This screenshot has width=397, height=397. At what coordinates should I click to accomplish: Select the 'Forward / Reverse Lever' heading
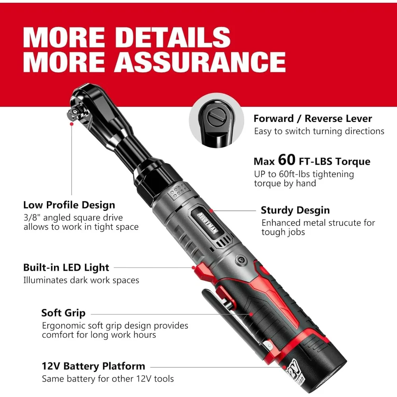[x=313, y=118]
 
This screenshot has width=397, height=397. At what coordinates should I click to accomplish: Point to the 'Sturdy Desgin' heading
[x=295, y=210]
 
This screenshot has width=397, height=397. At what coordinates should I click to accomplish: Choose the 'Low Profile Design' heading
[x=69, y=205]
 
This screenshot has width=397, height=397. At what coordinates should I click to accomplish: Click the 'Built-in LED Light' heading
[x=66, y=267]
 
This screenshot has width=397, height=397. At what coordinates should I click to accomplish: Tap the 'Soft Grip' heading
[x=64, y=313]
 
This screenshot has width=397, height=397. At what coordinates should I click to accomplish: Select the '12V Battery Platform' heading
[x=93, y=366]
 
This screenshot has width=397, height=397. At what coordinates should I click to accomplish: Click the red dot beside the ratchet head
[x=71, y=124]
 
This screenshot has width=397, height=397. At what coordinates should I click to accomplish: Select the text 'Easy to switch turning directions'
[x=319, y=131]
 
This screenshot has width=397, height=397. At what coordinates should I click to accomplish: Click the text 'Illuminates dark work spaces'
[x=81, y=280]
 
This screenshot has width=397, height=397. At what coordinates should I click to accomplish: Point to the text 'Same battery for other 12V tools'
[x=108, y=379]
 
